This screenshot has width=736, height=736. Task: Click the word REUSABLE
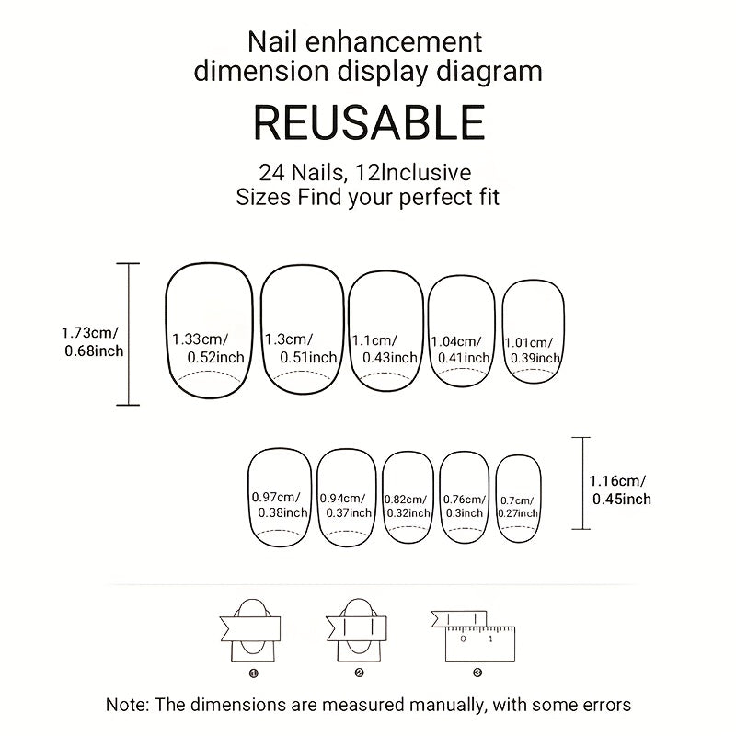(x=369, y=122)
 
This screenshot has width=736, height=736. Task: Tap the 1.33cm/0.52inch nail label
(x=208, y=349)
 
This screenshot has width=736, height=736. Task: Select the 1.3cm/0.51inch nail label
(x=301, y=349)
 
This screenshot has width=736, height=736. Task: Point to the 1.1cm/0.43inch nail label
(x=385, y=350)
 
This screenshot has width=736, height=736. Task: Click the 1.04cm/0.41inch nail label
(x=461, y=351)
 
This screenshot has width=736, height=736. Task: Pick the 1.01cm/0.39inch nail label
(x=533, y=351)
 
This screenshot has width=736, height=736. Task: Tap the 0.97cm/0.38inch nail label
(x=280, y=504)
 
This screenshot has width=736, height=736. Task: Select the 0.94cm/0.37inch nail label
(x=346, y=505)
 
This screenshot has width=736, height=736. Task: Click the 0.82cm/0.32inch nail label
(x=408, y=507)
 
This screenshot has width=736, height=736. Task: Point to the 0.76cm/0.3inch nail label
(x=465, y=507)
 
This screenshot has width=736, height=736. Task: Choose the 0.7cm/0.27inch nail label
(x=518, y=507)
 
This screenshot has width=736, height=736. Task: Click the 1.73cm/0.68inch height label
(x=93, y=341)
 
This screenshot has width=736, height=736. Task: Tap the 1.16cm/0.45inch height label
(x=620, y=490)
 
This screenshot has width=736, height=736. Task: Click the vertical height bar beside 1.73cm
(x=128, y=334)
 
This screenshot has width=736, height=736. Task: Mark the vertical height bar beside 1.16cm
(x=582, y=484)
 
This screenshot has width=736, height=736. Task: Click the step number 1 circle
(x=254, y=673)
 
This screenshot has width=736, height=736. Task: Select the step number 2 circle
(x=359, y=673)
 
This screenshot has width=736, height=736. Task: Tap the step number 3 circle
(x=477, y=673)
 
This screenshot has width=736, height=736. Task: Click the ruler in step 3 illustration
(x=479, y=644)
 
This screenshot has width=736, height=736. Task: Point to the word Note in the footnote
(x=127, y=705)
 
